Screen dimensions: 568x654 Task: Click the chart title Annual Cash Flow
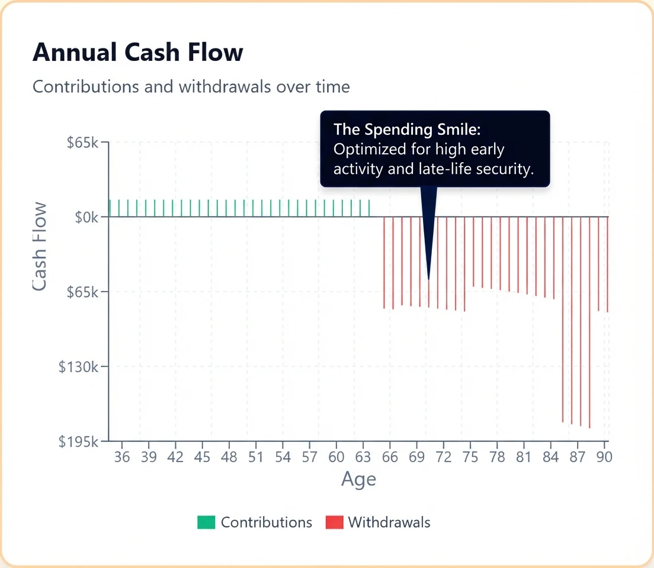137,53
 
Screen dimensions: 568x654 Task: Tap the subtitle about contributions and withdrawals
191,86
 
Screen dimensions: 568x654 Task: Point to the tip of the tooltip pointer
429,278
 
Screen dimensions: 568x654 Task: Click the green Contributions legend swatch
206,522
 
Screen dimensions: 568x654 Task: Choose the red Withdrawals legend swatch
334,522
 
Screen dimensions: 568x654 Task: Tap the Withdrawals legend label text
389,522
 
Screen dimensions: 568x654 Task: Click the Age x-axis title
358,479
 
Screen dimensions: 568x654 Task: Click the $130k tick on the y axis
82,367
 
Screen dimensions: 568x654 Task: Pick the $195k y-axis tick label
82,441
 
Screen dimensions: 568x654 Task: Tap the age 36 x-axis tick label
122,457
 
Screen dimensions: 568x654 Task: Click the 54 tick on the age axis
283,457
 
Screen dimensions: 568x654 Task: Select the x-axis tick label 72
443,457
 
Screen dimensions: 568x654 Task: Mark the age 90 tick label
604,457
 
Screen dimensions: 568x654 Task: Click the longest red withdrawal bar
589,322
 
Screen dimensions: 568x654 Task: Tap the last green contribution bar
369,208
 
